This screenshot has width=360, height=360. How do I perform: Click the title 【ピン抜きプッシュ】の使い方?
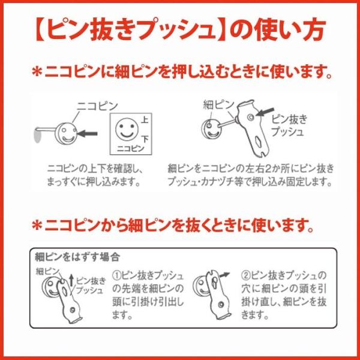[180, 30]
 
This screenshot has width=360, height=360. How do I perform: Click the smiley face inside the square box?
[127, 129]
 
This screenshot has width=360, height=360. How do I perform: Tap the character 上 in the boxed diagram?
[144, 121]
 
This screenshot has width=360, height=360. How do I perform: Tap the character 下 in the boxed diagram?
[145, 139]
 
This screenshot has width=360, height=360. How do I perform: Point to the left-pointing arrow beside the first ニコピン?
[88, 133]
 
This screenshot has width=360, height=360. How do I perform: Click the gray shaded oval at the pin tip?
[37, 136]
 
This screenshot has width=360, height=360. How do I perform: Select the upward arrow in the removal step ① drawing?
[71, 281]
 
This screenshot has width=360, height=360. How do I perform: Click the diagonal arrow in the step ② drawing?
[224, 275]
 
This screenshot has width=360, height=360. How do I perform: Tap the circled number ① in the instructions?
[117, 275]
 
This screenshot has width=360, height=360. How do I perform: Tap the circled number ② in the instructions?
[246, 275]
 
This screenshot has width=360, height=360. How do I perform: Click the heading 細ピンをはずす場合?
[77, 257]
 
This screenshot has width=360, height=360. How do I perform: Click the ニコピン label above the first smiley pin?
[97, 106]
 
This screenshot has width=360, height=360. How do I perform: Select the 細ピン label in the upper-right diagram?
[218, 105]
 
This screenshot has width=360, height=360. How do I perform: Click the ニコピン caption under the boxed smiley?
[131, 149]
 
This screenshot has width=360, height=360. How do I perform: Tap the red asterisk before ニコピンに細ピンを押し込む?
[37, 72]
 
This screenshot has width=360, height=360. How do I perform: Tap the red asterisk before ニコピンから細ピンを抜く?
[37, 226]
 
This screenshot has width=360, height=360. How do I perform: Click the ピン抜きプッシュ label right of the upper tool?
[289, 125]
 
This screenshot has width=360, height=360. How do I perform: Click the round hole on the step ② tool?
[221, 304]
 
